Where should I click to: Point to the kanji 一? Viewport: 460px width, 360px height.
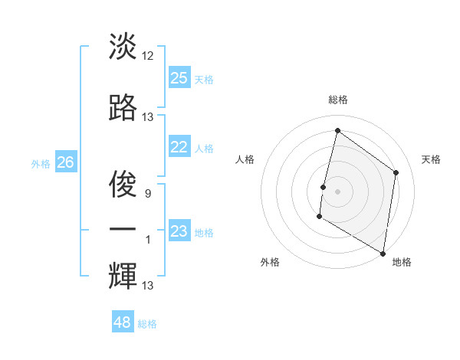[122, 229]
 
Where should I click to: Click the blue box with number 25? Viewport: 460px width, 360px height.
[179, 77]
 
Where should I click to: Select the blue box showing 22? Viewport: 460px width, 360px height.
[179, 147]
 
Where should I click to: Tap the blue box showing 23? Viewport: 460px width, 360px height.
[179, 231]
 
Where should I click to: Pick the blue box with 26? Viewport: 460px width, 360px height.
[66, 162]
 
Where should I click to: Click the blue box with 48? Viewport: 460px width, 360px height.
[123, 322]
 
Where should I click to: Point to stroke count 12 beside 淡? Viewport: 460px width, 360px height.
[148, 55]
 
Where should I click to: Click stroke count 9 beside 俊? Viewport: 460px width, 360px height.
[148, 193]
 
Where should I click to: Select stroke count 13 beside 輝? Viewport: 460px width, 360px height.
[148, 286]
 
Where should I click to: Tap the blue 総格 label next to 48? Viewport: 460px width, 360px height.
[147, 324]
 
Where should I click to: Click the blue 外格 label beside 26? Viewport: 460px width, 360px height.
[41, 164]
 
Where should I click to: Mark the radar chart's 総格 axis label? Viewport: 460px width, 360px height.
[337, 100]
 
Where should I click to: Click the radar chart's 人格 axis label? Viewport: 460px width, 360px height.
[245, 159]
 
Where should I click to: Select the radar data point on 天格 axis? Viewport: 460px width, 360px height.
[396, 172]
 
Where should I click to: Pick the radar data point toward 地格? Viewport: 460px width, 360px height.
[383, 253]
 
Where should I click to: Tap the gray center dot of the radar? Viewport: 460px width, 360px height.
[337, 191]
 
